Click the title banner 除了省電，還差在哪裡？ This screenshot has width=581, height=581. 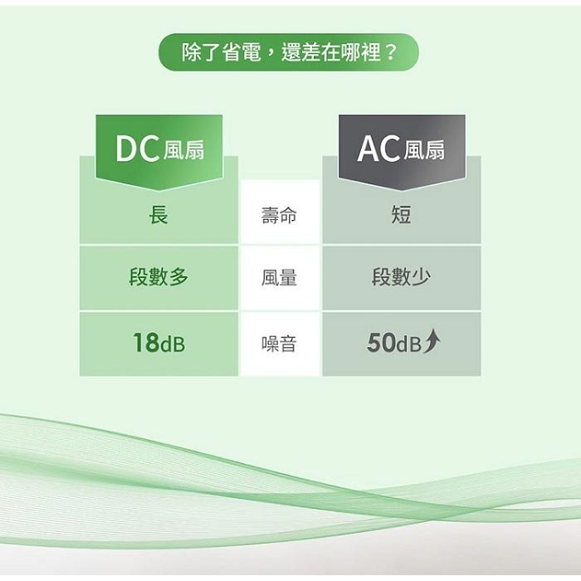[288, 53]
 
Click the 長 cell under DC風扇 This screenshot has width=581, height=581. [159, 216]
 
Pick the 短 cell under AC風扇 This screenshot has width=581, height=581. [401, 216]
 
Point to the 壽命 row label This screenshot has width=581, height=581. [279, 216]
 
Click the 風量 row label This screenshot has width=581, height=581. [279, 278]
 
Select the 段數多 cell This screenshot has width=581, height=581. [159, 278]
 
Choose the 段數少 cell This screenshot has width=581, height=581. [401, 278]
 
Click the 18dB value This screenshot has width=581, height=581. [159, 343]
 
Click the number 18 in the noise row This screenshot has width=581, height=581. [145, 343]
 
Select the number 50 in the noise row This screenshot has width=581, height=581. [381, 343]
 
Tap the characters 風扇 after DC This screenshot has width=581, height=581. [183, 150]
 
